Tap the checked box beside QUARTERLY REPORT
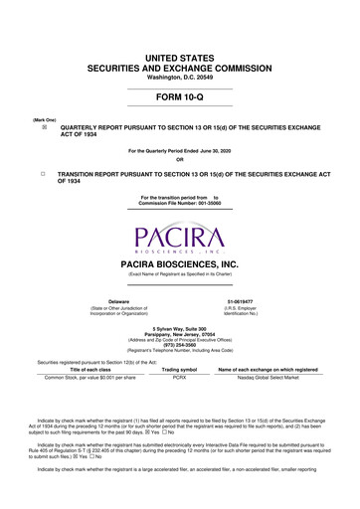point(44,128)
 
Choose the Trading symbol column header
point(180,370)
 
